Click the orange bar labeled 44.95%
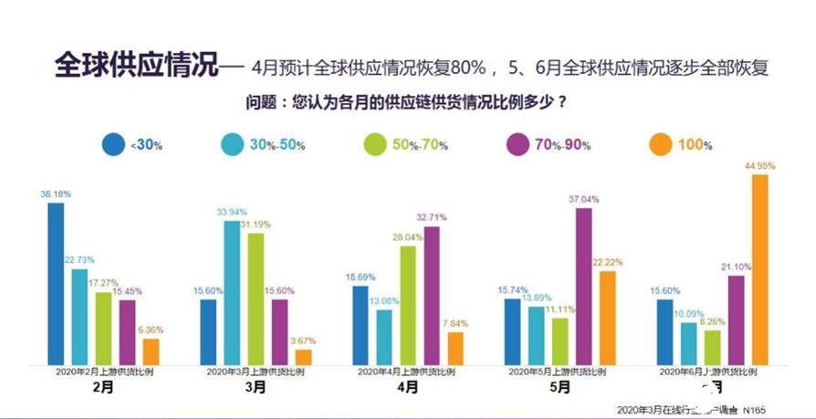coord(759,270)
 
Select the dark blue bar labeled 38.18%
coord(56,284)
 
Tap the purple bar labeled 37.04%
coord(583,287)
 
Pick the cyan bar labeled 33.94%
coord(232,293)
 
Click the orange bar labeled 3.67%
coord(304,357)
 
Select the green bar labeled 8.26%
coord(712,347)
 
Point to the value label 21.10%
coord(736,267)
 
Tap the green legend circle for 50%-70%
coord(376,143)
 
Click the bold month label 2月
coord(103,387)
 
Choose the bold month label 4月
coord(408,387)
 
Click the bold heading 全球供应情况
coord(137,67)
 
